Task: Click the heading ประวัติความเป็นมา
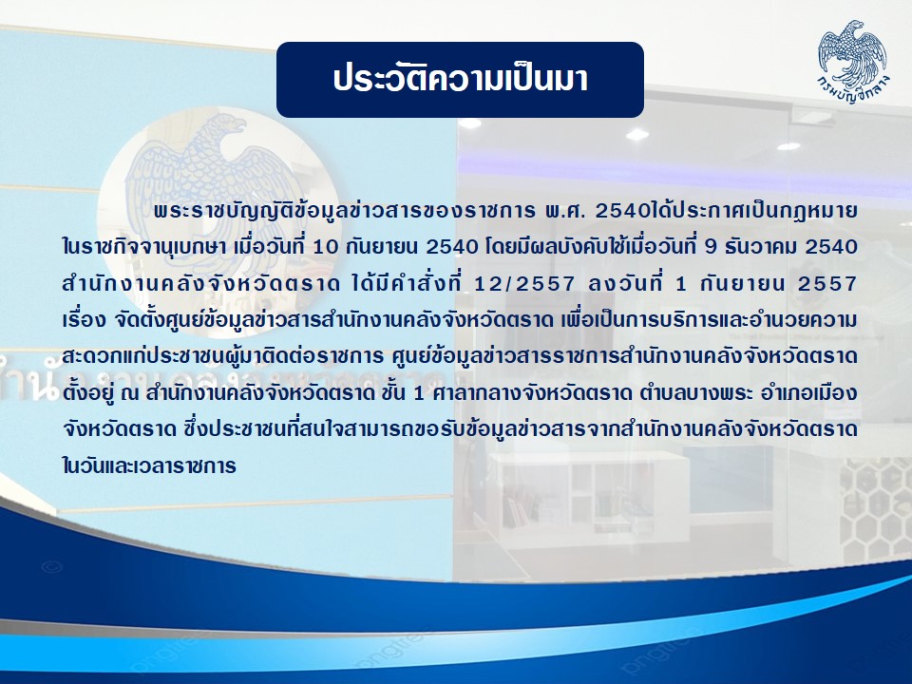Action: pos(460,79)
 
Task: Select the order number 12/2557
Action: pos(524,284)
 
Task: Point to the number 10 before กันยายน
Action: pos(325,247)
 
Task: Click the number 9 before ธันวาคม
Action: pos(710,247)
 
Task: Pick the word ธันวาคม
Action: pos(761,247)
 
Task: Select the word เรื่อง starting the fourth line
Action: pos(84,320)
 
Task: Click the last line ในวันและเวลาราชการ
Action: pos(149,466)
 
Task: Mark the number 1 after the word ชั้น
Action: pos(418,394)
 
